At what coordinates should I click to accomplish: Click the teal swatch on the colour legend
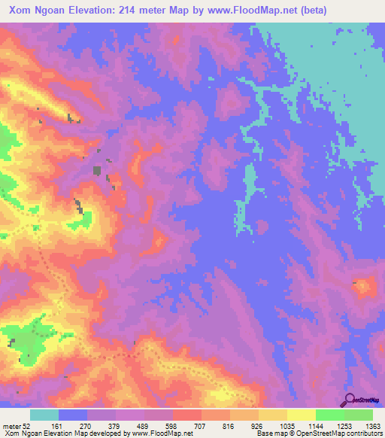point(44,415)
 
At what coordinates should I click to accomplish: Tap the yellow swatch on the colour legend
point(302,415)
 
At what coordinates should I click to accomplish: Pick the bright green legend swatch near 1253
point(330,415)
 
